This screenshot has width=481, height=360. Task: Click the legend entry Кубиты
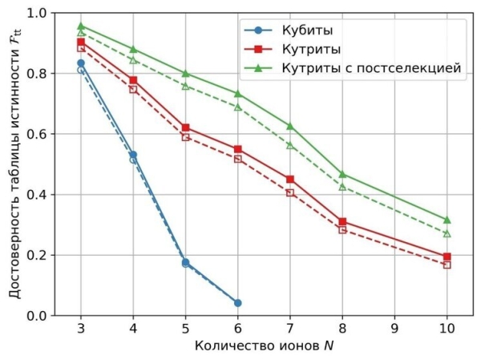[305, 31]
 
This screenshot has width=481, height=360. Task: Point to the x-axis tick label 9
[394, 329]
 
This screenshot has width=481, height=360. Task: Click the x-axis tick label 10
[447, 329]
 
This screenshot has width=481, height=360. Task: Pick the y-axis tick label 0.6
[36, 134]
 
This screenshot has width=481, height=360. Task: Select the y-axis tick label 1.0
[36, 13]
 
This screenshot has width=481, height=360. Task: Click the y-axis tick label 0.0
[36, 316]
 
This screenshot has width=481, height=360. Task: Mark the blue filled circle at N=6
[237, 303]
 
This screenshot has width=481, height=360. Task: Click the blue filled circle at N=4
[133, 155]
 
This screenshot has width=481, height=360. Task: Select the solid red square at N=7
[289, 180]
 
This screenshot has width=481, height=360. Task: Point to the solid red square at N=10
[447, 257]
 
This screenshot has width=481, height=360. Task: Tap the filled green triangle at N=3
[81, 26]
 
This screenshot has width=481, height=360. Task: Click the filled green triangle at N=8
[342, 174]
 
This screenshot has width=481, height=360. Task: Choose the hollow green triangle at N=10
[447, 233]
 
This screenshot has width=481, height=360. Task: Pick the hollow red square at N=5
[185, 137]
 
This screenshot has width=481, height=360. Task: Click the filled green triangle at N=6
[237, 94]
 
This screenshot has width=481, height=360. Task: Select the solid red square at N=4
[133, 80]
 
